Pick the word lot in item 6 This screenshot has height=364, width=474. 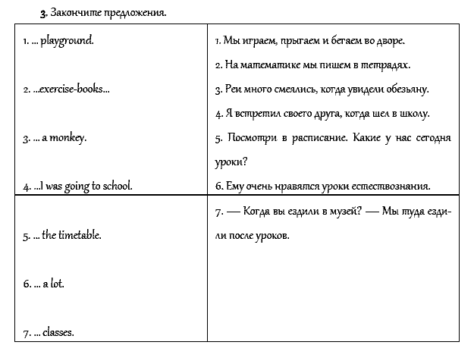57,284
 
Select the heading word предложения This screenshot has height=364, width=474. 136,14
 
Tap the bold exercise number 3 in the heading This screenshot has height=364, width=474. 43,14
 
